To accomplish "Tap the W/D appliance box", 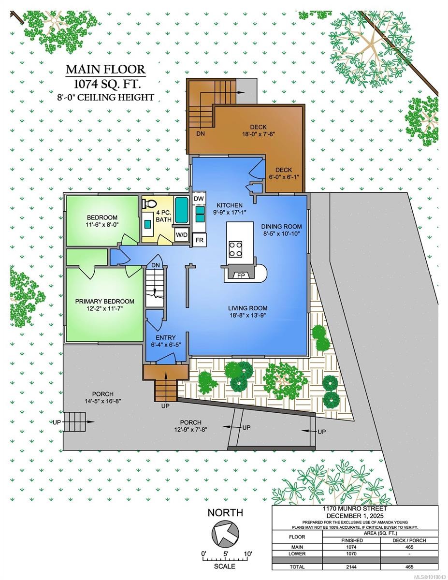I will tap(182, 235).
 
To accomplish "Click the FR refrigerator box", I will tap(199, 240).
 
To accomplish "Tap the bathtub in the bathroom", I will tap(182, 209).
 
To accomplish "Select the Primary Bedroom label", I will tap(105, 301).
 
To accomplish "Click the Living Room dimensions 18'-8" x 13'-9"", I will tap(248, 316).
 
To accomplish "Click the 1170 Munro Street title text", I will tap(356, 508).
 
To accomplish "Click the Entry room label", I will tap(165, 337).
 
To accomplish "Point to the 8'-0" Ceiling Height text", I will tap(105, 97).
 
